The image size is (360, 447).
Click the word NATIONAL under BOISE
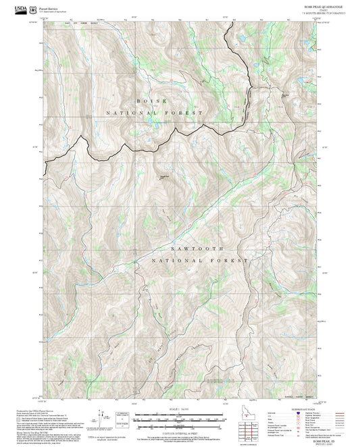[130, 112]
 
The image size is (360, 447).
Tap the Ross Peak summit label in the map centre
[163, 178]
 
